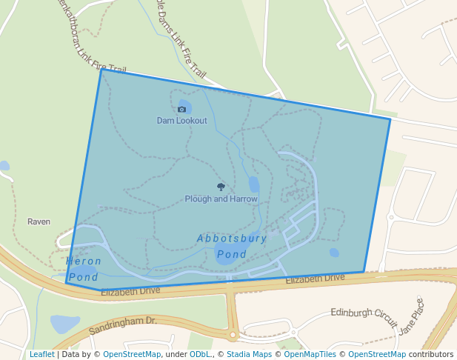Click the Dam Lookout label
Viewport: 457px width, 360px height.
(x=181, y=120)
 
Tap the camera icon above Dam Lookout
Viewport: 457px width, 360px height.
(x=181, y=109)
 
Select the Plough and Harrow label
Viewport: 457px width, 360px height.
(x=221, y=199)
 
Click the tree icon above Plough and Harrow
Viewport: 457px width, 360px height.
(x=221, y=187)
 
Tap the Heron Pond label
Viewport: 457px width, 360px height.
(x=83, y=269)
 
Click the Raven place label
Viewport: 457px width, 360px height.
(x=39, y=221)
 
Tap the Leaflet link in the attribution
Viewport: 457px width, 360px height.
(x=41, y=354)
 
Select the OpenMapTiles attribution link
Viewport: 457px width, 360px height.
(x=310, y=354)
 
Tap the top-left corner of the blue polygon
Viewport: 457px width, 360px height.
(x=101, y=70)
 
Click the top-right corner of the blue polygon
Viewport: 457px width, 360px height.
(x=390, y=119)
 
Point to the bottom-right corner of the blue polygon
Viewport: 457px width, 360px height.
(x=364, y=272)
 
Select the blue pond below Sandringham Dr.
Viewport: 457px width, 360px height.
(x=64, y=324)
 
